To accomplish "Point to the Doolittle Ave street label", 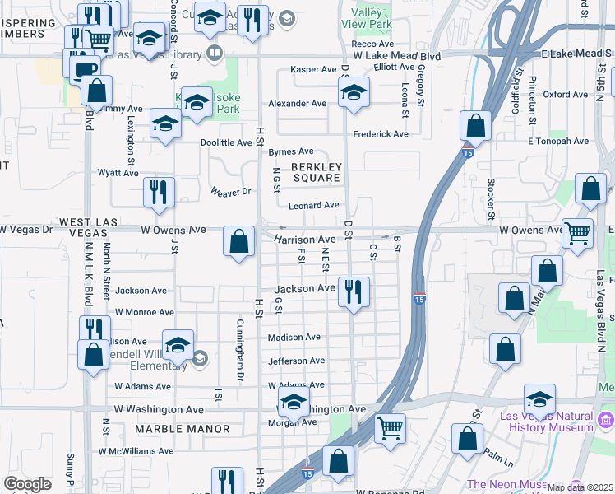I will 226,142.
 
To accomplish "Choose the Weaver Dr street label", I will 229,191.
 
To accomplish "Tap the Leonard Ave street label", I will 313,205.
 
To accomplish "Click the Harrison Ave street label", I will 305,239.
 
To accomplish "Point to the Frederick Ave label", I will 381,134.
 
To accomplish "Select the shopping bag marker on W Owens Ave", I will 238,241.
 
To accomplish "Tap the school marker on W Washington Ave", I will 293,403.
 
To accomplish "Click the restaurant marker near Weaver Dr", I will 158,192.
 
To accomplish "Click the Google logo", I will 27,484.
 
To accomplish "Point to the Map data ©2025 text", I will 580,487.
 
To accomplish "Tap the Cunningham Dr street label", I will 241,349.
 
